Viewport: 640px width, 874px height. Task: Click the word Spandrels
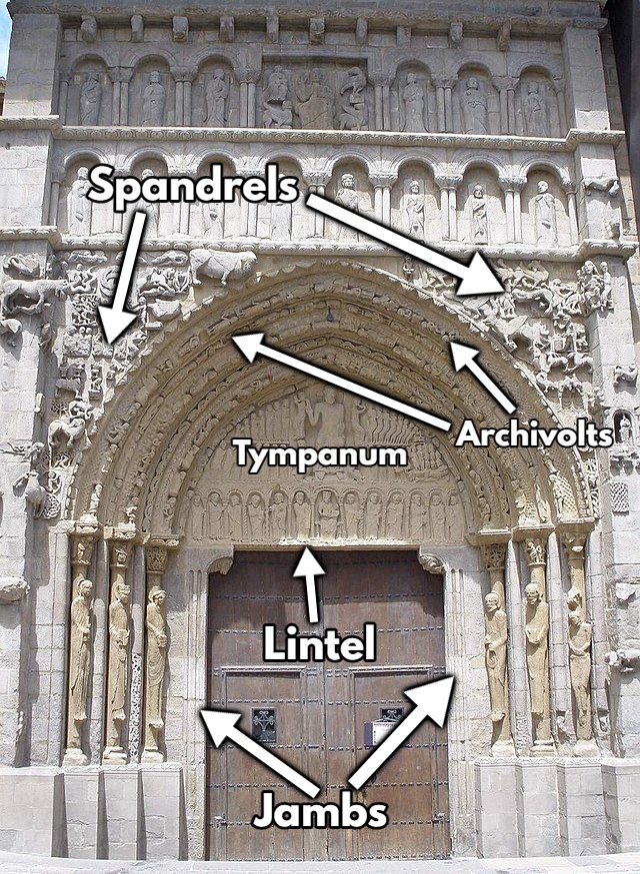(193, 188)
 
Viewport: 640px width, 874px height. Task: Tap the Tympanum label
(320, 455)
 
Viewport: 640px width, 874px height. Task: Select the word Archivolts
(533, 435)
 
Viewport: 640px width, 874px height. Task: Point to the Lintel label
(319, 643)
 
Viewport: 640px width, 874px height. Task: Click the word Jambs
(320, 810)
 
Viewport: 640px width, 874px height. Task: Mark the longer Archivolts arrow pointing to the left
(340, 385)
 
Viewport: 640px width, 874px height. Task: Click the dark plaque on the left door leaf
(264, 724)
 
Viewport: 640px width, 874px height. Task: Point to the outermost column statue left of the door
(80, 659)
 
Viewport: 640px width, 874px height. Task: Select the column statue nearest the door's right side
(495, 659)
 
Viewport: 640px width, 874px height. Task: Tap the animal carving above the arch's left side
(222, 264)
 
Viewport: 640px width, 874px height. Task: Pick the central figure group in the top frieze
(314, 98)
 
